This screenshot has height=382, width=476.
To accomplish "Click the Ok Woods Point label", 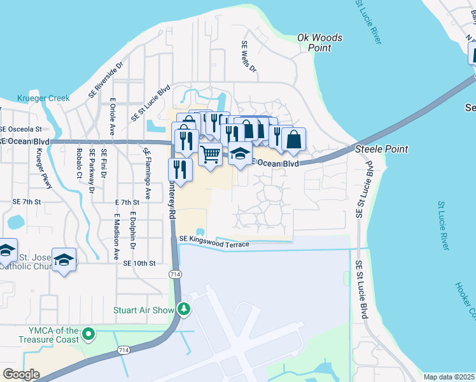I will (x=320, y=43).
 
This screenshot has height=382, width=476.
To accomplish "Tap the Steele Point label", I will (x=381, y=148).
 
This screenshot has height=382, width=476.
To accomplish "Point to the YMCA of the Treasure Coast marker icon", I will (x=88, y=333).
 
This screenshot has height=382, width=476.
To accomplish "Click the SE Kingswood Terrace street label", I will (x=213, y=241).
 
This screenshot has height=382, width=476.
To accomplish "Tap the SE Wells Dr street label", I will (x=248, y=56).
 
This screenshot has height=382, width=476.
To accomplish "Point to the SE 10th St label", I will (x=139, y=263).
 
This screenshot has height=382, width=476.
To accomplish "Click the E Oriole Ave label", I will (x=112, y=117).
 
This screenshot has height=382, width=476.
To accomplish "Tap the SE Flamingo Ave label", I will (x=147, y=174).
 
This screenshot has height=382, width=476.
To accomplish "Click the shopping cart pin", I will (x=210, y=153).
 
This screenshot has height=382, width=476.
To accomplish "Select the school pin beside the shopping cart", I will (x=241, y=153).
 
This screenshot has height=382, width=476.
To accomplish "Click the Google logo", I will (x=21, y=374).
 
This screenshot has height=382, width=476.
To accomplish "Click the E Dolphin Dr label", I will (x=134, y=230).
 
